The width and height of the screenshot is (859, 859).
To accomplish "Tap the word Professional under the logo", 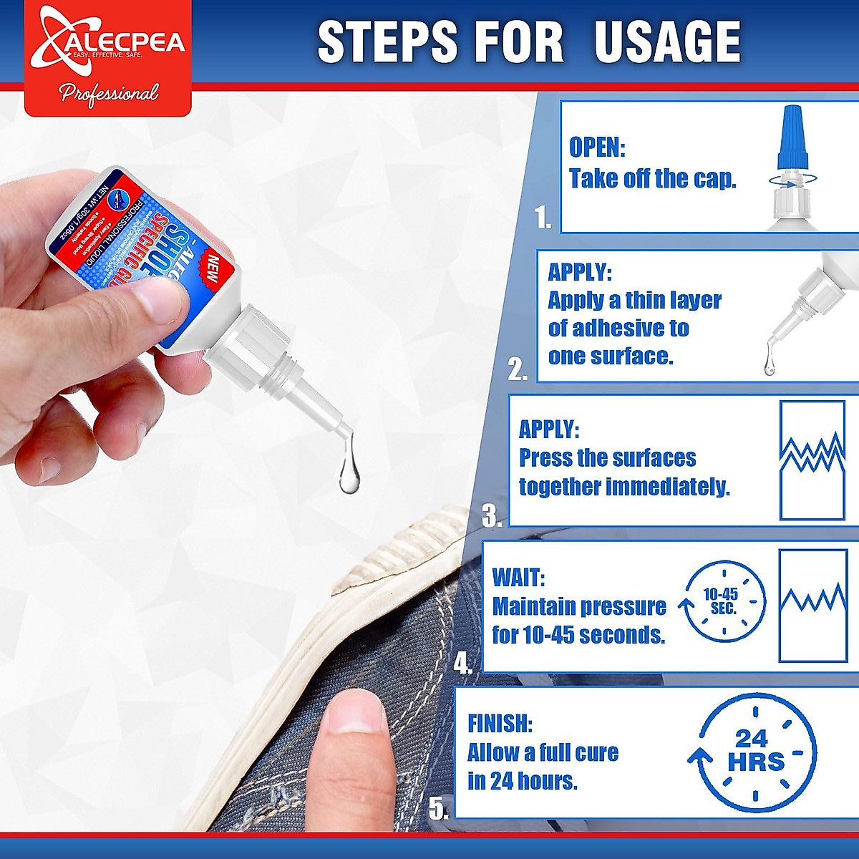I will click(109, 93).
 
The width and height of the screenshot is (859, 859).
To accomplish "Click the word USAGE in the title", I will click(667, 42).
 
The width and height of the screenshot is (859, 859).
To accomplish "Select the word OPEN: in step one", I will click(597, 147).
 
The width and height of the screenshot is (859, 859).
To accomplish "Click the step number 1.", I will click(543, 218).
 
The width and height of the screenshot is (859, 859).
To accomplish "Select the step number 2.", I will click(517, 369).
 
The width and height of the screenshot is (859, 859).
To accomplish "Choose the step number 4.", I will click(462, 664).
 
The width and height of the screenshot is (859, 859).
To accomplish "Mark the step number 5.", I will click(438, 808).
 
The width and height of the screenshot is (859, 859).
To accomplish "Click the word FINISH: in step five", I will click(500, 724).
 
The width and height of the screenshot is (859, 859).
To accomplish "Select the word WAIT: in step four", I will click(518, 578).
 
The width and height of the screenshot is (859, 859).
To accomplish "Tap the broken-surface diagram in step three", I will click(812, 460).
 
